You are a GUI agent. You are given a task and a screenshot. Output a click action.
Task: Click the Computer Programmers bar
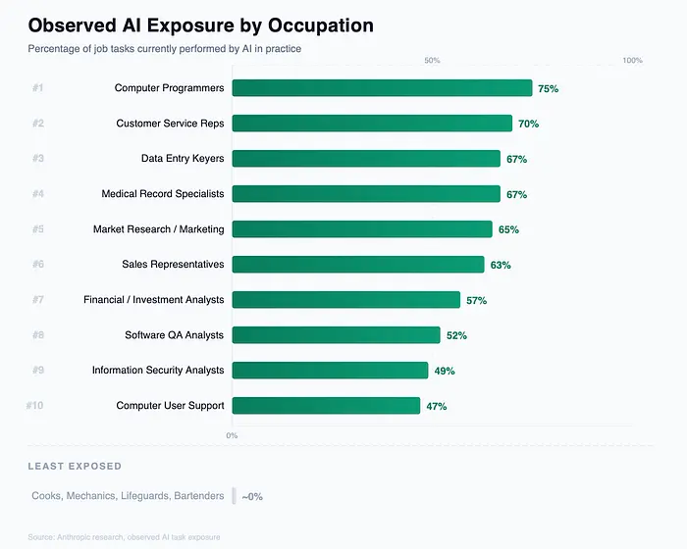click(382, 88)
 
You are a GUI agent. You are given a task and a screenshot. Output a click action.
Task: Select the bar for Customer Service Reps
click(372, 124)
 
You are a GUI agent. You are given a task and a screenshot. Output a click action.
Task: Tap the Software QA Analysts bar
click(336, 335)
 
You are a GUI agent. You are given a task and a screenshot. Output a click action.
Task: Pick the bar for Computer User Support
click(326, 406)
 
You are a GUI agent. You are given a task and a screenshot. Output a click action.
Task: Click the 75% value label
click(548, 88)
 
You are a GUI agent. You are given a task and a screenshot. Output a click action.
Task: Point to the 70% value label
click(528, 124)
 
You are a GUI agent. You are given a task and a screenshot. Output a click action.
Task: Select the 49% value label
click(444, 371)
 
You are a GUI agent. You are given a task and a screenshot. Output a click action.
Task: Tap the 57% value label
click(476, 300)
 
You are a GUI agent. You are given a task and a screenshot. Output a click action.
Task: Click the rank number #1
click(37, 88)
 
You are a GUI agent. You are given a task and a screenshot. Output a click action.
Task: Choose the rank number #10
click(35, 406)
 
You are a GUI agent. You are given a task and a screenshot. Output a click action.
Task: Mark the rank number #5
click(37, 229)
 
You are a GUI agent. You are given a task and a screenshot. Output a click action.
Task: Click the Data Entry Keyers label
click(183, 159)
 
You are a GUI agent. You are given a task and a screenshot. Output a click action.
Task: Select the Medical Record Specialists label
click(163, 194)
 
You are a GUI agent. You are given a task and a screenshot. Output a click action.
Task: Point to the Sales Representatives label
click(173, 265)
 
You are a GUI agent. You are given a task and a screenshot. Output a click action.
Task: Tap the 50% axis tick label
click(432, 61)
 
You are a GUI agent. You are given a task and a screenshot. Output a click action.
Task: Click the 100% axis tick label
click(632, 61)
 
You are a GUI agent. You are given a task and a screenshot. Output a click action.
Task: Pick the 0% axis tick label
click(232, 435)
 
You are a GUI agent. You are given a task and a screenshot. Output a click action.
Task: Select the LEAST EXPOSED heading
click(75, 466)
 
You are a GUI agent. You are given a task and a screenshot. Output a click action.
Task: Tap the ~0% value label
click(251, 496)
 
